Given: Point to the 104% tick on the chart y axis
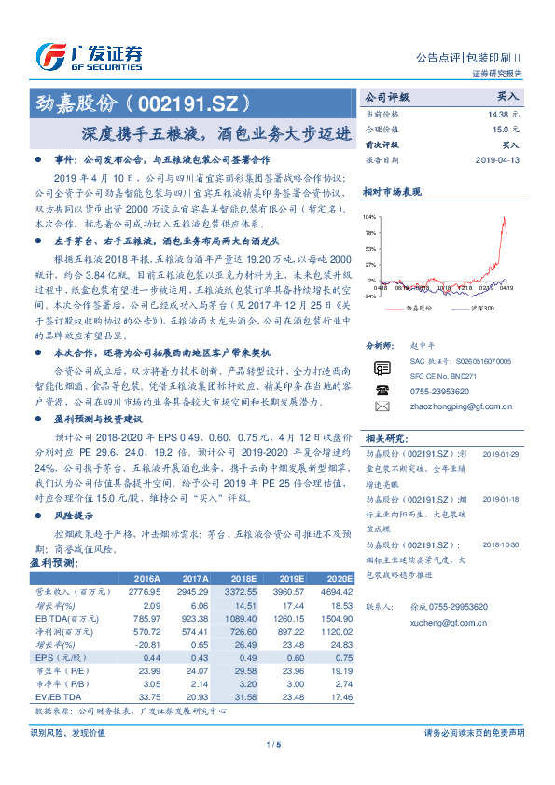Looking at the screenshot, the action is point(370,215).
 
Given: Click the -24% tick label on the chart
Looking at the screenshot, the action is point(369,296).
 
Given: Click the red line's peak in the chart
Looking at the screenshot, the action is point(505,219).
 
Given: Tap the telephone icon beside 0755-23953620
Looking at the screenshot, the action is point(382,391).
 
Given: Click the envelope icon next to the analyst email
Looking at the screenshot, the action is point(382,407).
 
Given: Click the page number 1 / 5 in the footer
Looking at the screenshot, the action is point(273,745).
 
